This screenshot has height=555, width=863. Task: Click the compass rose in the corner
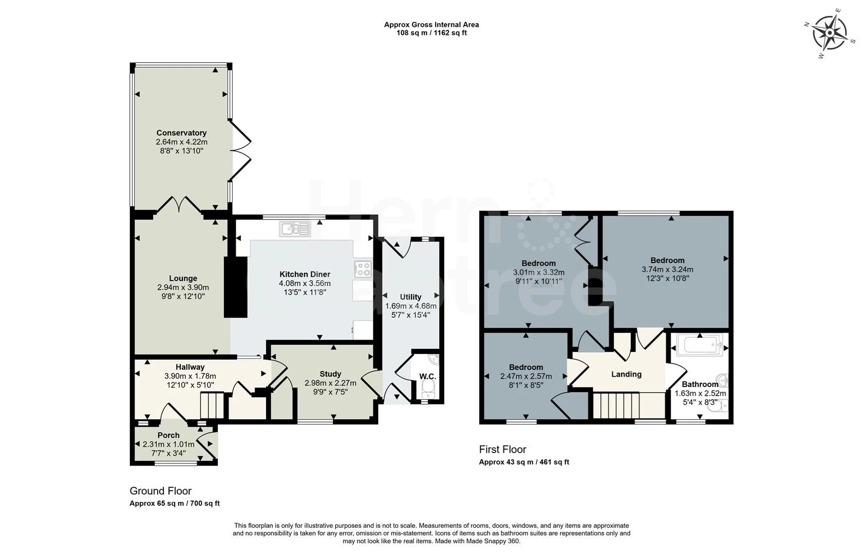(x=830, y=33)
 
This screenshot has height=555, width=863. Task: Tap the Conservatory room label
(x=181, y=133)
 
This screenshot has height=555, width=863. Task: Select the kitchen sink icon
(x=295, y=229)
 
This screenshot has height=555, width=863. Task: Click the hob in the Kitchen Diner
(x=363, y=269)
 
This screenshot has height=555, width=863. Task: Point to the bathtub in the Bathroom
(x=700, y=344)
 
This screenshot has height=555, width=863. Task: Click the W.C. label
(x=427, y=376)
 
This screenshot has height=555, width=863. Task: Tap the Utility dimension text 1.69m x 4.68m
(x=411, y=306)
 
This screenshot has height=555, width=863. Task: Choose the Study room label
(x=330, y=374)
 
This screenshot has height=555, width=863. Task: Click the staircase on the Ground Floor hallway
(x=212, y=405)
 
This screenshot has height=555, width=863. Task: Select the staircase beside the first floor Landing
(x=616, y=405)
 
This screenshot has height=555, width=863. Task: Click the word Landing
(x=627, y=374)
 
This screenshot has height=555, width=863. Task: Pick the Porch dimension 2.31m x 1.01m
(x=168, y=445)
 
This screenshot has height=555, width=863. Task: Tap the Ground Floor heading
(x=160, y=491)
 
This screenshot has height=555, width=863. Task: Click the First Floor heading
(x=502, y=449)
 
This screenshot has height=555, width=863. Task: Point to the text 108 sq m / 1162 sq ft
(x=431, y=33)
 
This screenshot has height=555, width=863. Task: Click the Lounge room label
(x=183, y=279)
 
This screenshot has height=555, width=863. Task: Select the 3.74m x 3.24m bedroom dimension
(x=667, y=269)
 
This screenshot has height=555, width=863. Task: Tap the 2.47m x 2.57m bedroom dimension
(x=526, y=376)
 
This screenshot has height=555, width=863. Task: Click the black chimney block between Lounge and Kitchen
(x=235, y=287)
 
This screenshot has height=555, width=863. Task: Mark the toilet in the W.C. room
(x=427, y=390)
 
